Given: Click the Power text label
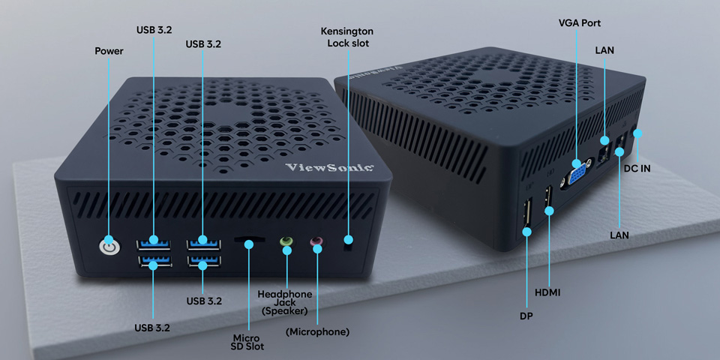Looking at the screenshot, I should [109, 51].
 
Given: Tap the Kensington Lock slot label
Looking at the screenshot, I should [346, 37].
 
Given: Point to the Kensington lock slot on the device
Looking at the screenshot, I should [347, 241].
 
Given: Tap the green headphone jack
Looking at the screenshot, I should [286, 241].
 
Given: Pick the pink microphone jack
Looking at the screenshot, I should [316, 241].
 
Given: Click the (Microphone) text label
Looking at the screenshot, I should [317, 331].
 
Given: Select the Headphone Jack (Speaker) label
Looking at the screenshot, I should [285, 301].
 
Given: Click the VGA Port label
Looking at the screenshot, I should [579, 23].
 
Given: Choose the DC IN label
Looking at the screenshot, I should [637, 168].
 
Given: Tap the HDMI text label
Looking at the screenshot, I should [548, 291].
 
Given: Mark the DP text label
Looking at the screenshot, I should [526, 316].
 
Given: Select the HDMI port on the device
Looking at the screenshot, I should [548, 198].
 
